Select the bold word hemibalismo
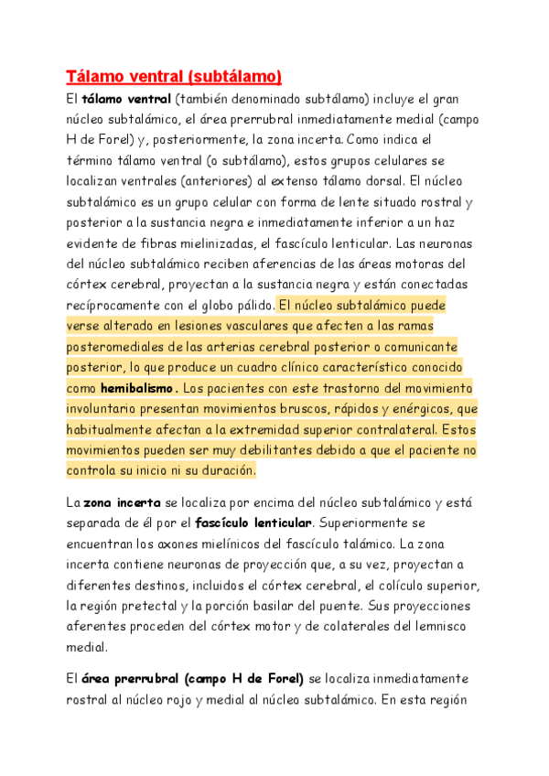coord(138,387)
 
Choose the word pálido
coord(249,305)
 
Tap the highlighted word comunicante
coord(418,346)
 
